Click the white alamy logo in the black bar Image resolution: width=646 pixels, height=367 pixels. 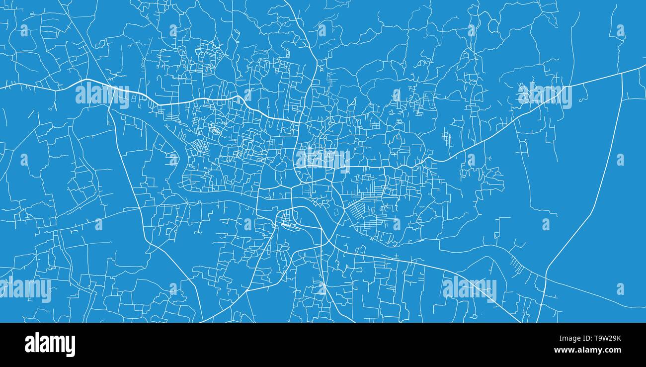(x=50, y=345)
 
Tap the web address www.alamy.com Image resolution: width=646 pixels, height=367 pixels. (x=593, y=351)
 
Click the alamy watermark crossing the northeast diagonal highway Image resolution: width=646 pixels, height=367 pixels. (x=545, y=96)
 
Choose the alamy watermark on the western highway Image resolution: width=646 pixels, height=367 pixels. (x=102, y=94)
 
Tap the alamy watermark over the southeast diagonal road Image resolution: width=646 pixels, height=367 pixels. (x=469, y=289)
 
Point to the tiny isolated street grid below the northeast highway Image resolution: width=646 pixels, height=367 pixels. (x=447, y=137)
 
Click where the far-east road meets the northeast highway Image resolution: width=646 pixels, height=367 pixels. (x=622, y=73)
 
